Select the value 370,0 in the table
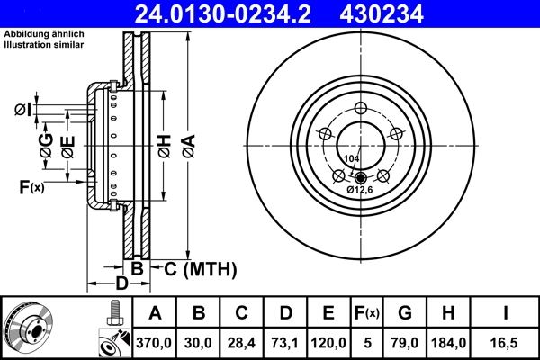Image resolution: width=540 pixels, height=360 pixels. [x=155, y=343]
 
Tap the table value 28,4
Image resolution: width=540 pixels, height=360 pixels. [x=241, y=343]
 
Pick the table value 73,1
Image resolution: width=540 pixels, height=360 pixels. [x=285, y=343]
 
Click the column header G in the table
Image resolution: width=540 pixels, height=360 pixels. [x=405, y=313]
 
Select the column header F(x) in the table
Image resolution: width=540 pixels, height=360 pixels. [x=367, y=313]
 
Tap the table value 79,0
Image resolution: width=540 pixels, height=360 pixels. [x=405, y=343]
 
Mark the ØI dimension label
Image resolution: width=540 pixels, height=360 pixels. [x=23, y=110]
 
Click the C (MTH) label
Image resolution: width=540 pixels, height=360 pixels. [x=199, y=268]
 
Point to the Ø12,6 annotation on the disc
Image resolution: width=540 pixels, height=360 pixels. [x=360, y=190]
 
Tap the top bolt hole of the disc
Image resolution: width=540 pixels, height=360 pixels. [x=360, y=109]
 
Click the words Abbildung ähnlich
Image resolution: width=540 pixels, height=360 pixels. [x=44, y=34]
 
